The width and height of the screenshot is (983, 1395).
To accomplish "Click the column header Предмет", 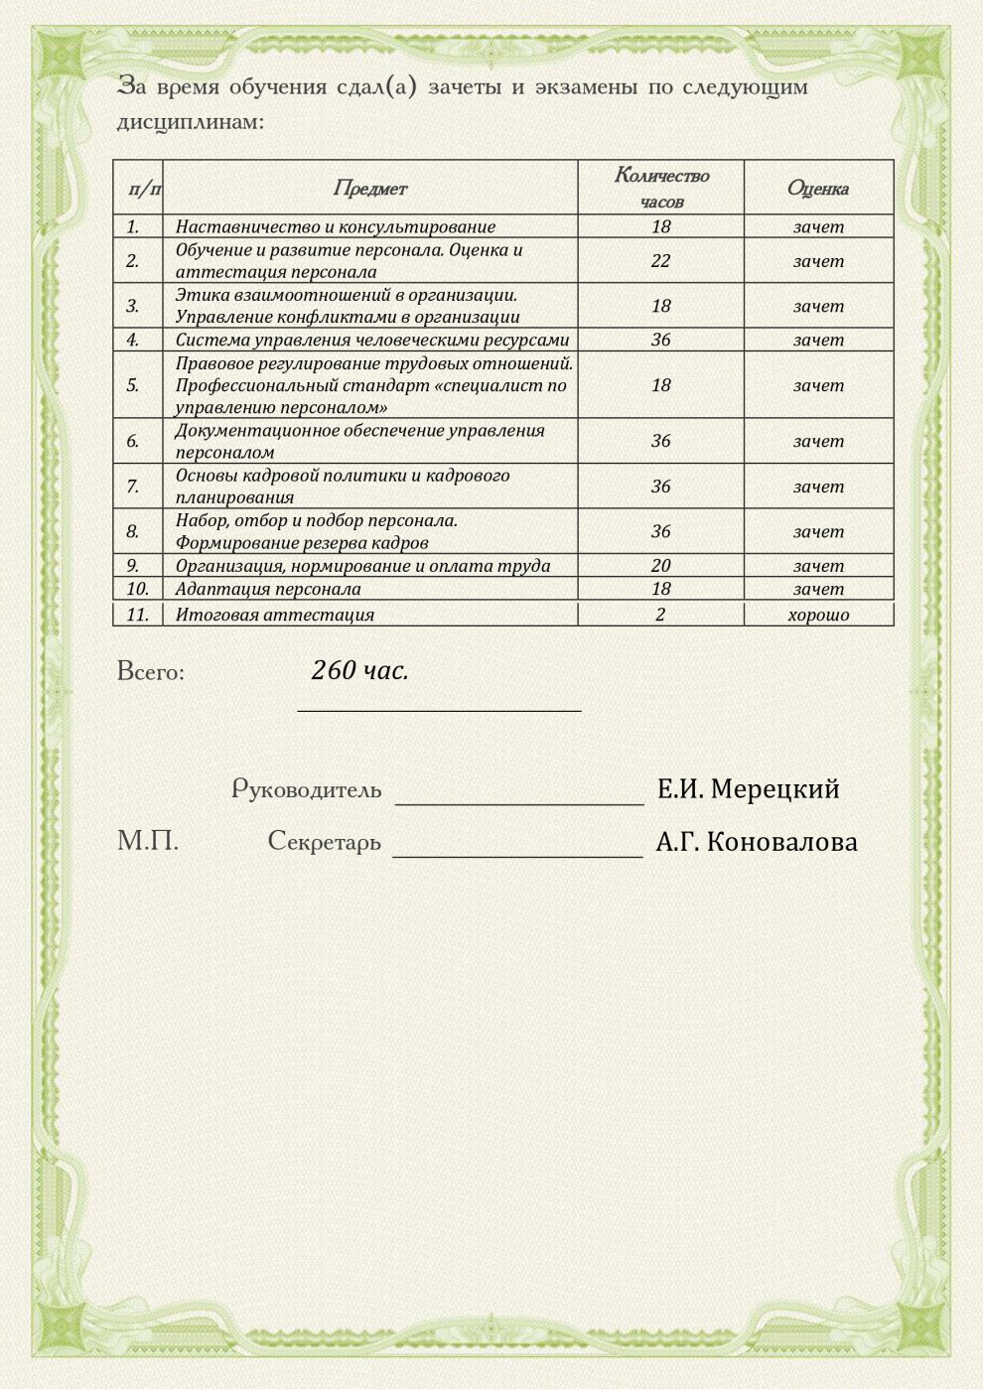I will coord(369,188).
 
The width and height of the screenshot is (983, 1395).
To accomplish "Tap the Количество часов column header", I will coord(661,187).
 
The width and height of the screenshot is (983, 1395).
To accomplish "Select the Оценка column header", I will coord(818,188).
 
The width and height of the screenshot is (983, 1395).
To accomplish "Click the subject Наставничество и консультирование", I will coord(336,226).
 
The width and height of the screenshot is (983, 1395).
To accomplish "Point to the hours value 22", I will coord(661,261).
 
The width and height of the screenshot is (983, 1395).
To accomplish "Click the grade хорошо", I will coord(818,615).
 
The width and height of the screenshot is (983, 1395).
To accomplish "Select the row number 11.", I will coord(137,615).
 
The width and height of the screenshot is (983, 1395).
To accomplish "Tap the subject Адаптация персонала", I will coord(268,589).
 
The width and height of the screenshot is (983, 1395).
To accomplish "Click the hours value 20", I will coord(661,566).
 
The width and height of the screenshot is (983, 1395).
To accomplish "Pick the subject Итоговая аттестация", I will coord(275,615).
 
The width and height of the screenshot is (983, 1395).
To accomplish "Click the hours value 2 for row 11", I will coord(661,615).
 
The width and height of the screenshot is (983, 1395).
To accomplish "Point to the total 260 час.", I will coord(359,671).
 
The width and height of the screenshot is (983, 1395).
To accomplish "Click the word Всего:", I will coord(151,672).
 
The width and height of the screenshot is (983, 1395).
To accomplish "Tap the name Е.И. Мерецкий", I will coord(749,789).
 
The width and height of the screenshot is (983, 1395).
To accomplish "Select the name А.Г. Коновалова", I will coord(757,842).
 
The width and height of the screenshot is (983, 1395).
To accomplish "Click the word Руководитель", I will coord(307,789).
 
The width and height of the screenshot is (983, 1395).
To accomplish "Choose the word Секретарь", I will coord(324,842).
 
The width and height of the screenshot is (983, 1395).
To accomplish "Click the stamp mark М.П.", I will coord(148,842).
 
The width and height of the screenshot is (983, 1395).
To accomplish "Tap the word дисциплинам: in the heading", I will coord(191,122).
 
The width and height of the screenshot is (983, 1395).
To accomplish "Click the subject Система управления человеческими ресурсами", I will coord(372,340).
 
